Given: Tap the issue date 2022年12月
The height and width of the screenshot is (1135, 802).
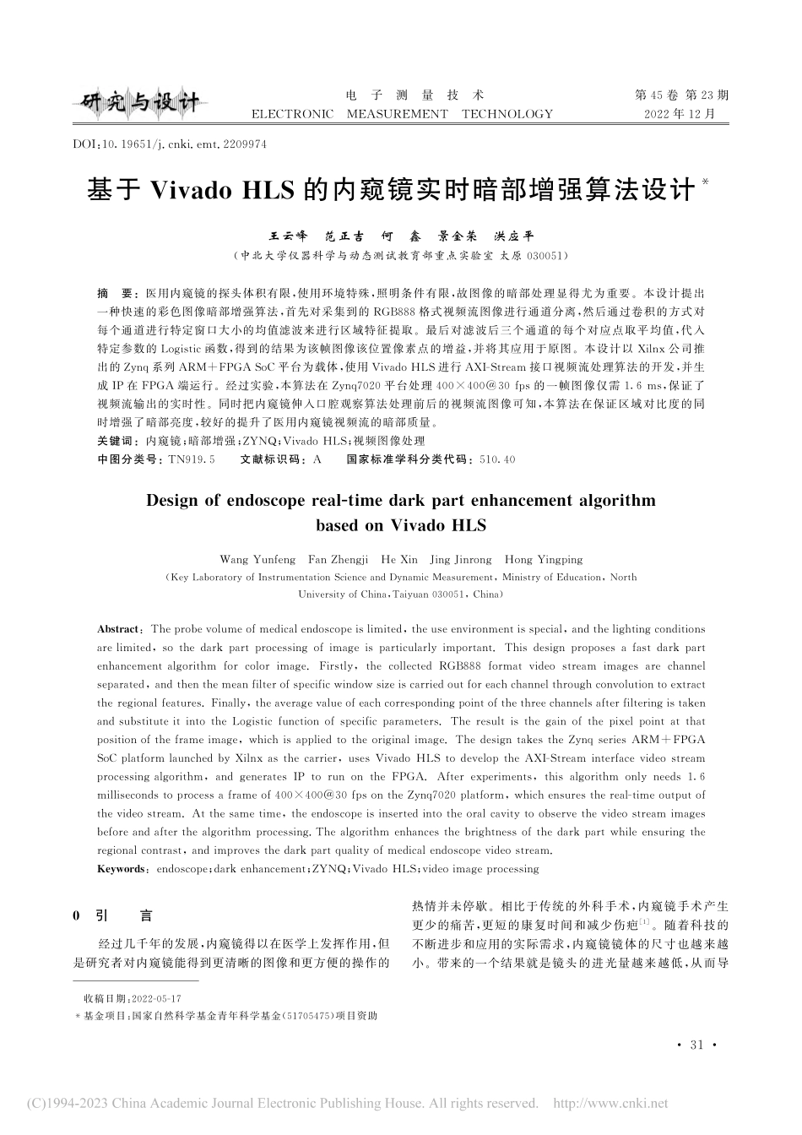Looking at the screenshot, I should [x=680, y=113].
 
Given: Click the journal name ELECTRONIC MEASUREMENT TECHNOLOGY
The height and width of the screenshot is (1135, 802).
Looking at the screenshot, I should [x=402, y=114].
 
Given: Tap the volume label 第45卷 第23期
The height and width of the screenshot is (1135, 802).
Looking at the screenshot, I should [x=681, y=95].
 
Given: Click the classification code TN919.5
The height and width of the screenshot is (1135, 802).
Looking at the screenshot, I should [x=192, y=459].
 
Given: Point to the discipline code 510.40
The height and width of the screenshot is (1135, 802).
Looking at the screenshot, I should [x=496, y=459].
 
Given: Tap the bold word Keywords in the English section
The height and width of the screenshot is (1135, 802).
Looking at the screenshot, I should [x=122, y=869].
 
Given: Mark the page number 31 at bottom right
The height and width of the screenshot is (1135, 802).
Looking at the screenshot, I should [x=696, y=1045].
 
